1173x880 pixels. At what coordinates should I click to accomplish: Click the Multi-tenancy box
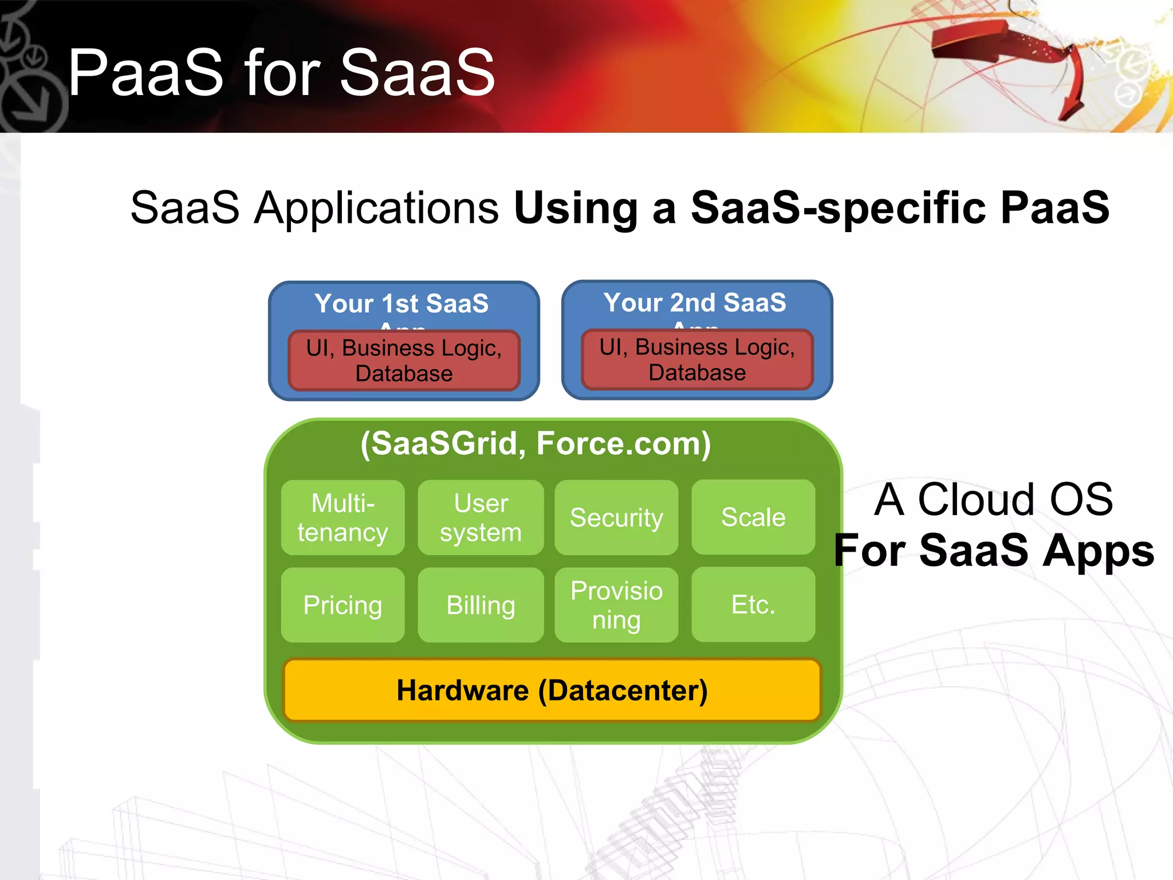coord(343,517)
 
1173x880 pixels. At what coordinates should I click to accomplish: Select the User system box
coord(481,517)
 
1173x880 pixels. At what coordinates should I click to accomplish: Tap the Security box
coord(616,517)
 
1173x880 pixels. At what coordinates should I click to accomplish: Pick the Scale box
coord(753,517)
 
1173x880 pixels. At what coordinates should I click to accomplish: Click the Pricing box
coord(343,605)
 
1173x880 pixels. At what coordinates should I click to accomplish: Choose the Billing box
coord(481,605)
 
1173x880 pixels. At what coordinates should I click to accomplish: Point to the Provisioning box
coord(616,605)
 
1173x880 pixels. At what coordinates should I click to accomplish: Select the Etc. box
coord(753,605)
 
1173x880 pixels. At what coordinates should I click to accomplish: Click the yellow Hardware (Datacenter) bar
coord(552,690)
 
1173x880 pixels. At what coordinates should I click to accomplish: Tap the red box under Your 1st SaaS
coord(404,361)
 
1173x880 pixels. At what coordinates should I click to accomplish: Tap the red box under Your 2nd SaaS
coord(697,360)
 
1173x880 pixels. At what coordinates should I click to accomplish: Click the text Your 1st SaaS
coord(402,304)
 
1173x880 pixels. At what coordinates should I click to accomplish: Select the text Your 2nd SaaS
coord(695,302)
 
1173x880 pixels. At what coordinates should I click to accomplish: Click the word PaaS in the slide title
coord(145,73)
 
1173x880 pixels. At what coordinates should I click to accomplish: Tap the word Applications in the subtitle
coord(376,207)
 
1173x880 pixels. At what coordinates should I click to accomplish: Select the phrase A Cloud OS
coord(993,500)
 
